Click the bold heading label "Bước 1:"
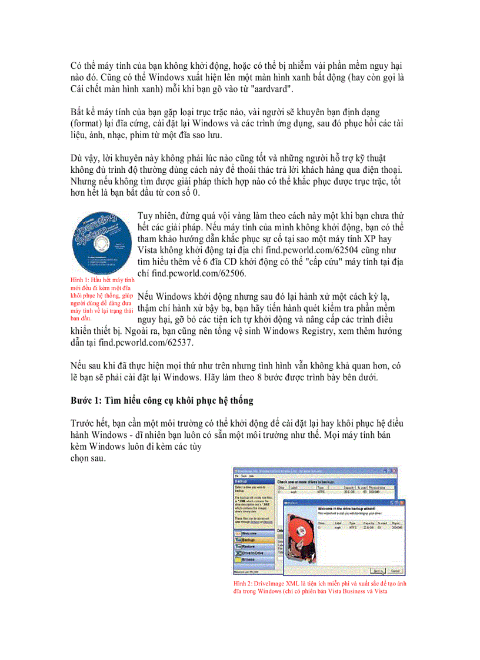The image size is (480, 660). point(86,400)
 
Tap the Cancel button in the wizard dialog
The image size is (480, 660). point(395,570)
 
